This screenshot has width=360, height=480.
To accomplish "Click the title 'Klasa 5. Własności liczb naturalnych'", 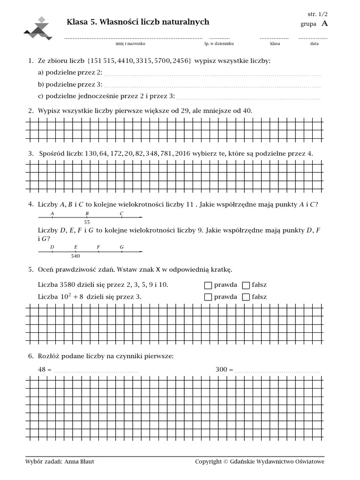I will coord(138,22).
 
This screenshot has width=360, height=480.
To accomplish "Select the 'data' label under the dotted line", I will coord(314,44).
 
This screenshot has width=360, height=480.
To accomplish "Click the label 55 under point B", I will coord(87,222).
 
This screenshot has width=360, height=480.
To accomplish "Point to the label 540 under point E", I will coord(75,256).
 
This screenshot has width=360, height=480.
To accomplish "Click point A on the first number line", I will coord(52,217).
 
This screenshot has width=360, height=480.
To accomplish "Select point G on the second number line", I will coord(122,251).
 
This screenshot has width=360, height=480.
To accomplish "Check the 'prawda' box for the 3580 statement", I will coord(208,285).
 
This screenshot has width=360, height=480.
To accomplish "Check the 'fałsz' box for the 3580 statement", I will coord(246,285).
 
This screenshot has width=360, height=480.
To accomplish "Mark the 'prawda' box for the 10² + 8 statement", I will coord(208,297).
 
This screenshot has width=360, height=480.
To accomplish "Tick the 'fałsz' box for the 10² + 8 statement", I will coord(246,297).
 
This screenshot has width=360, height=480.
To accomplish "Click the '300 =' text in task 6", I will coord(224,369).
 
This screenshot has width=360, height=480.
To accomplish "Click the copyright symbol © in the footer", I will coord(226,462).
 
